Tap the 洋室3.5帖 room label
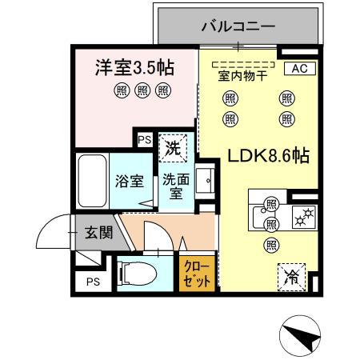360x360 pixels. click(x=134, y=68)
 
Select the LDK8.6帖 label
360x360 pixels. click(x=269, y=157)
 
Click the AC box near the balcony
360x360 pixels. click(x=298, y=69)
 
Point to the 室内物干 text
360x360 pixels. click(x=243, y=77)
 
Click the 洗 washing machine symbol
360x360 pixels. click(x=172, y=147)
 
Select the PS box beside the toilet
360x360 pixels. click(x=94, y=282)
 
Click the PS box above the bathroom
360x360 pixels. click(x=144, y=140)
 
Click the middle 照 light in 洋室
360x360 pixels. click(x=142, y=90)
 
